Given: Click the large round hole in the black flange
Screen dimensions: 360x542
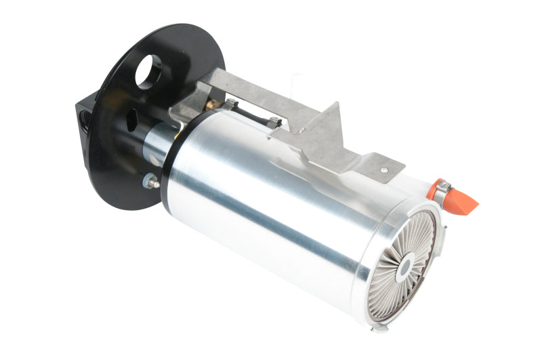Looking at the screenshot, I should (x=148, y=71).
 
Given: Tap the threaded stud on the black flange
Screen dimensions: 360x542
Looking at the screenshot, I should (x=151, y=181).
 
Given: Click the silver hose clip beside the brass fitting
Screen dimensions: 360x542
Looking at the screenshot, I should (x=230, y=106).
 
